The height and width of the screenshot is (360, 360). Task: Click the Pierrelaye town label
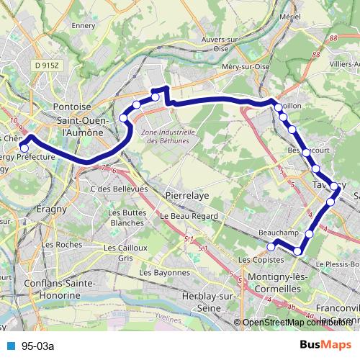click(x=186, y=194)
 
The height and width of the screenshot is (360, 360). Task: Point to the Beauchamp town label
click(x=278, y=233)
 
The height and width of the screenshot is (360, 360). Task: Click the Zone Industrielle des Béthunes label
click(x=167, y=136)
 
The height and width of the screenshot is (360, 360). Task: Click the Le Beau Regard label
click(x=185, y=216)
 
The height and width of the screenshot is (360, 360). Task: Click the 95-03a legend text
click(x=37, y=346)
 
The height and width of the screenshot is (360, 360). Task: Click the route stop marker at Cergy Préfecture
click(x=24, y=148)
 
